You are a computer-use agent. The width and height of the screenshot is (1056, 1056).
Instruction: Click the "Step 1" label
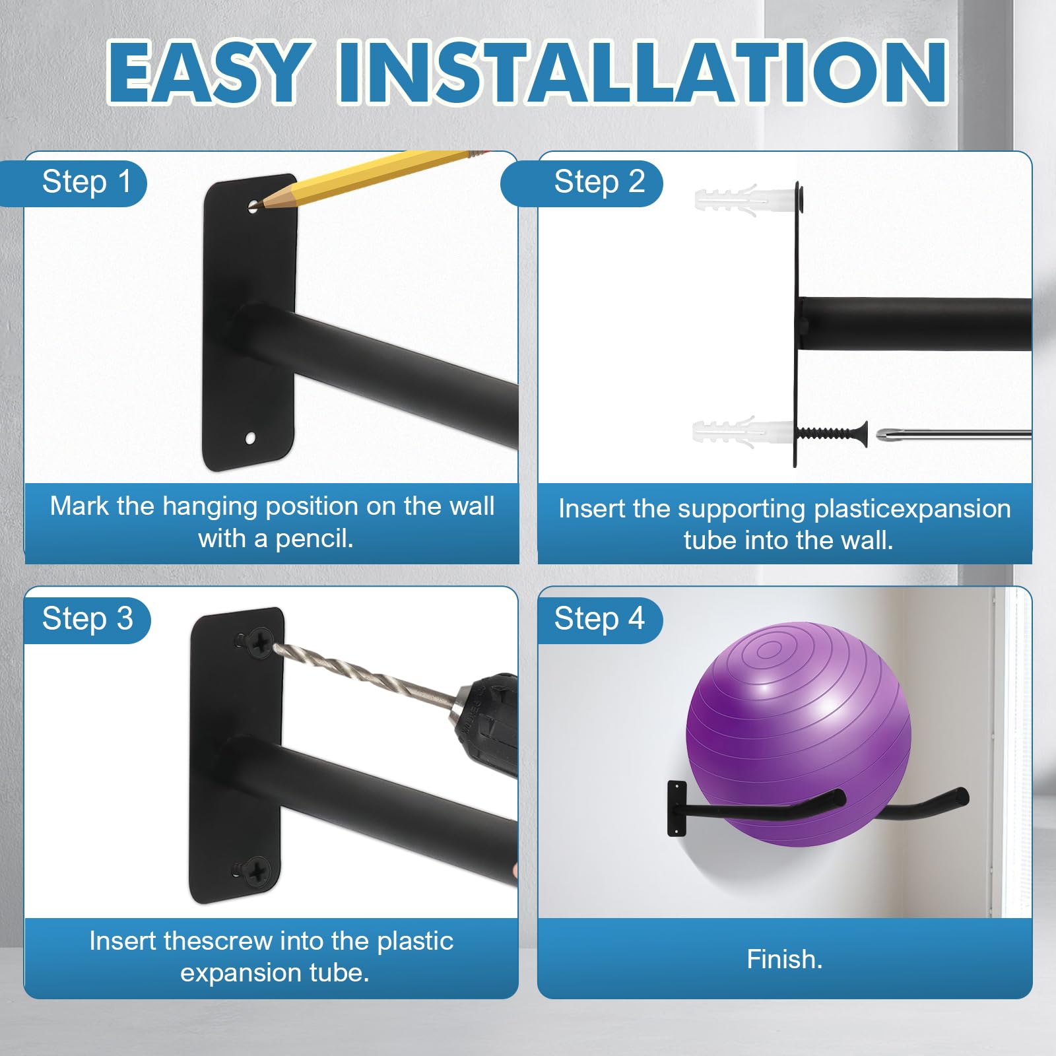86,182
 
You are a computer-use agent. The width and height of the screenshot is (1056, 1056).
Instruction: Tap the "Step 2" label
599,182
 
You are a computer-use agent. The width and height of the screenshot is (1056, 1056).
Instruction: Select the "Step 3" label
88,619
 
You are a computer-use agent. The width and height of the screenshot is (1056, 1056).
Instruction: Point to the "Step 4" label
599,619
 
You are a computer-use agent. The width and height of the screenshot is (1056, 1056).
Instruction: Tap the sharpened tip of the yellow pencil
257,205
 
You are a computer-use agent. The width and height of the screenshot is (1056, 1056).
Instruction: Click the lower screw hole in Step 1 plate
251,437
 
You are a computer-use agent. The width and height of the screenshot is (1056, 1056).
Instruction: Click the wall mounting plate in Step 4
676,808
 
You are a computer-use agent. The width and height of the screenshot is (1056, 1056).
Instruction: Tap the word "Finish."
785,959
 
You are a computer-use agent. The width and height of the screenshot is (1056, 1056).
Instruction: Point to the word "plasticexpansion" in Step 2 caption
912,510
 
